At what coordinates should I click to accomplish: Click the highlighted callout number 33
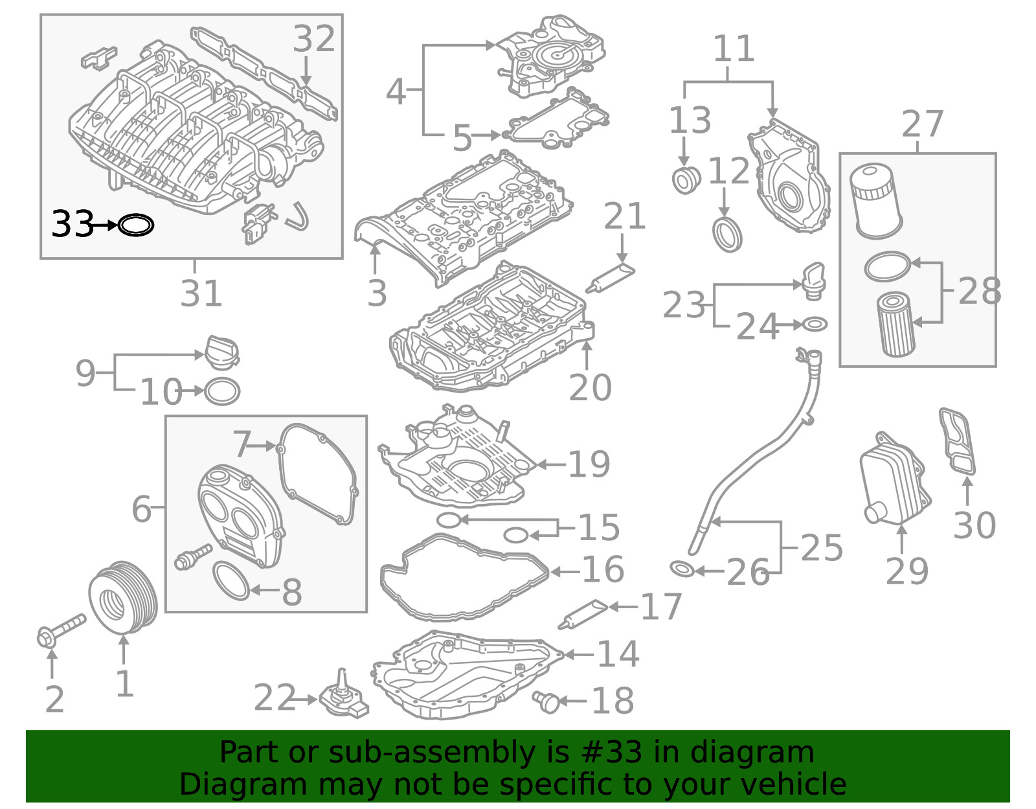[x=73, y=224]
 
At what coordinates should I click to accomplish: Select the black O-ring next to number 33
[x=136, y=225]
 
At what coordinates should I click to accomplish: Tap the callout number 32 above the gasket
[x=314, y=39]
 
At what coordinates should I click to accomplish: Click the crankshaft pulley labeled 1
[x=123, y=597]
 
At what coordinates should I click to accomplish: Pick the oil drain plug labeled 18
[x=546, y=701]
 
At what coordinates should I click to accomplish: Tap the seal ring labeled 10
[x=222, y=391]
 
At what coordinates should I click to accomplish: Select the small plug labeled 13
[x=686, y=180]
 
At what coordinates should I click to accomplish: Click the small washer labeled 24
[x=815, y=324]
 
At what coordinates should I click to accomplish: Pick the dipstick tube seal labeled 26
[x=682, y=570]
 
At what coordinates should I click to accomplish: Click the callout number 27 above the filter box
[x=923, y=124]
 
